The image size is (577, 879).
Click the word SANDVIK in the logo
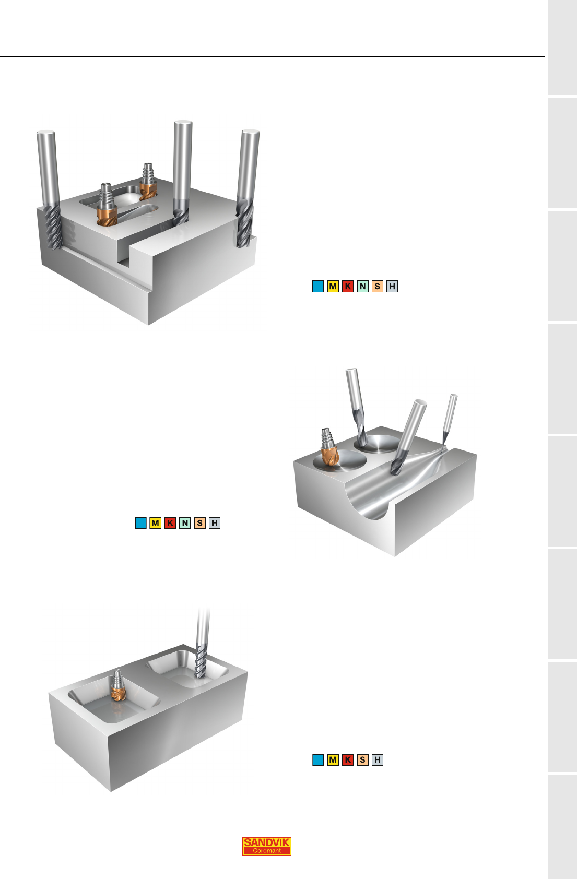[x=266, y=842]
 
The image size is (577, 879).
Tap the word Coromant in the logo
[x=266, y=851]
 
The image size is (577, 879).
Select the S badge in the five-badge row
[x=362, y=760]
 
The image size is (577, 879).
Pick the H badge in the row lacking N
[x=377, y=760]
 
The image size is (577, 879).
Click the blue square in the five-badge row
[x=318, y=760]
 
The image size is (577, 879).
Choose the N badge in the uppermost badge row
[x=362, y=287]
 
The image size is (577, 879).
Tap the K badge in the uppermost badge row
[x=348, y=287]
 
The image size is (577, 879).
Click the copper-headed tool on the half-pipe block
[x=328, y=448]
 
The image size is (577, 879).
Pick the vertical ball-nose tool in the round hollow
[x=357, y=406]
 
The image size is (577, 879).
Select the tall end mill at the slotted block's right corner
[x=248, y=188]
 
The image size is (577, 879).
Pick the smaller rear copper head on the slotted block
[x=148, y=182]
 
